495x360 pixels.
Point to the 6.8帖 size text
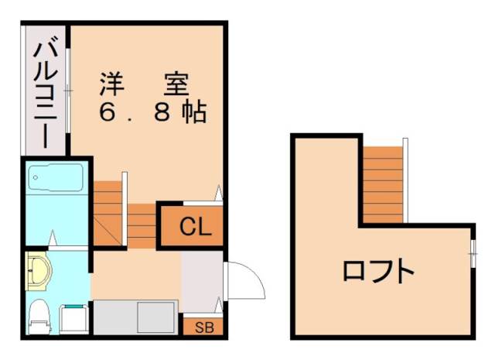[152, 113]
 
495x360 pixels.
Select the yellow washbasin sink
[38, 272]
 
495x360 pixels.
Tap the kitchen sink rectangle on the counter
[156, 317]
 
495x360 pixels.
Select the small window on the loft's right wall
[473, 252]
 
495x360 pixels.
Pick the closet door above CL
[220, 193]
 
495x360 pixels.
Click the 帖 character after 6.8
[193, 113]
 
